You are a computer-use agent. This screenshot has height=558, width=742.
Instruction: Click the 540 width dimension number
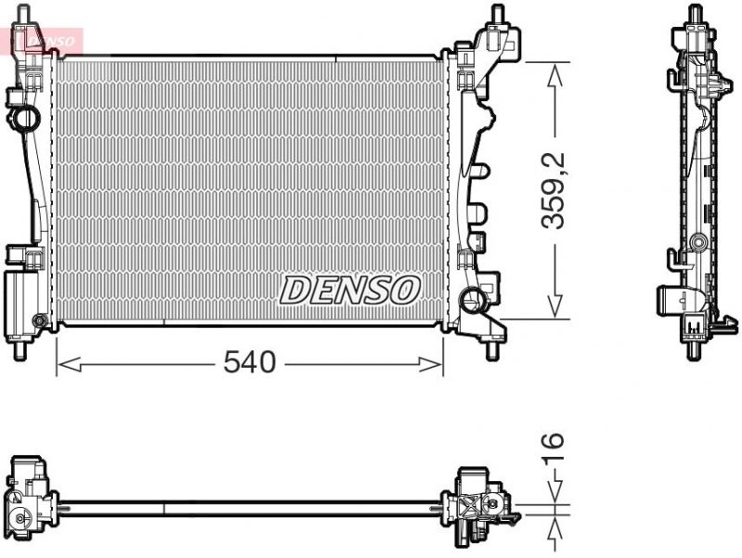pyautogui.click(x=250, y=363)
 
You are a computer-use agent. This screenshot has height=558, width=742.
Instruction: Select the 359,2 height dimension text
pyautogui.click(x=554, y=191)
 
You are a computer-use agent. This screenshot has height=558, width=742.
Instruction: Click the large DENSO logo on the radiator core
pyautogui.click(x=349, y=290)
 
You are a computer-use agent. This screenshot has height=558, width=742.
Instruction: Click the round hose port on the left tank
pyautogui.click(x=26, y=119)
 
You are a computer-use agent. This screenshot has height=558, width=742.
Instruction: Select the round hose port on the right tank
pyautogui.click(x=475, y=299)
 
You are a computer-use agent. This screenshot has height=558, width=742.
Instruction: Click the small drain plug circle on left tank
pyautogui.click(x=38, y=321)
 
